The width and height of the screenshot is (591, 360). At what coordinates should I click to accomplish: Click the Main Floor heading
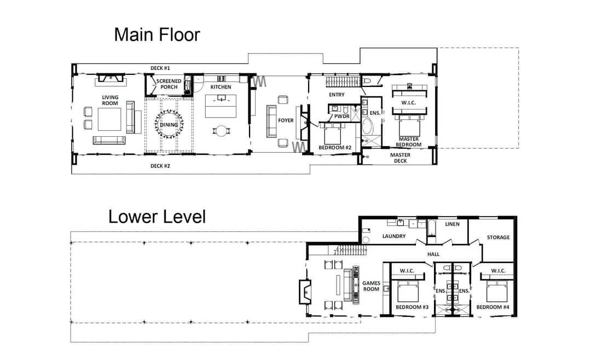pyautogui.click(x=157, y=34)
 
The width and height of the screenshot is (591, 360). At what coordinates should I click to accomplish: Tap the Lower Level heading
pyautogui.click(x=157, y=217)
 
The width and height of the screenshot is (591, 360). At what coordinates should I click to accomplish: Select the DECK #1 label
pyautogui.click(x=160, y=68)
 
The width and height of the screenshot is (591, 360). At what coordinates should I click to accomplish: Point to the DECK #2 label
pyautogui.click(x=160, y=166)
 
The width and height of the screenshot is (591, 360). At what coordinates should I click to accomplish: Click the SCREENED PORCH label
pyautogui.click(x=169, y=84)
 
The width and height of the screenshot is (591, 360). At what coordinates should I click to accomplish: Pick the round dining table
pyautogui.click(x=169, y=124)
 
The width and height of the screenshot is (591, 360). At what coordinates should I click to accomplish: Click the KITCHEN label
pyautogui.click(x=221, y=87)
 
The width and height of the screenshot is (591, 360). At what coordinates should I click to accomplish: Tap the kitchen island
pyautogui.click(x=221, y=106)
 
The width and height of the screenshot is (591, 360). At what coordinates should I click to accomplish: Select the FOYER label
pyautogui.click(x=286, y=120)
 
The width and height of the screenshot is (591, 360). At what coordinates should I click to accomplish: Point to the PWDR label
pyautogui.click(x=342, y=117)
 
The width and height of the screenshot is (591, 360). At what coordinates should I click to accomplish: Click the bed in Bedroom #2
pyautogui.click(x=333, y=134)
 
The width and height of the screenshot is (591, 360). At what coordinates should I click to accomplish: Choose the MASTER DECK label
pyautogui.click(x=400, y=158)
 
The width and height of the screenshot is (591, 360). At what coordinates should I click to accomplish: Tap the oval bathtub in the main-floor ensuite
pyautogui.click(x=367, y=127)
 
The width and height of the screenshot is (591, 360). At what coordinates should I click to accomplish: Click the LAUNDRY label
pyautogui.click(x=394, y=236)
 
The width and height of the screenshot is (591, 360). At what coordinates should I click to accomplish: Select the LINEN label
pyautogui.click(x=453, y=224)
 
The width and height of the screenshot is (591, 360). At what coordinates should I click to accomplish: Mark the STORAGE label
pyautogui.click(x=499, y=237)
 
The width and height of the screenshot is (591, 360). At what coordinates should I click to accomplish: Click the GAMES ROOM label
pyautogui.click(x=371, y=286)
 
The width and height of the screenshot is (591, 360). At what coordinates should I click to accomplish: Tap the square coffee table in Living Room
pyautogui.click(x=109, y=119)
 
